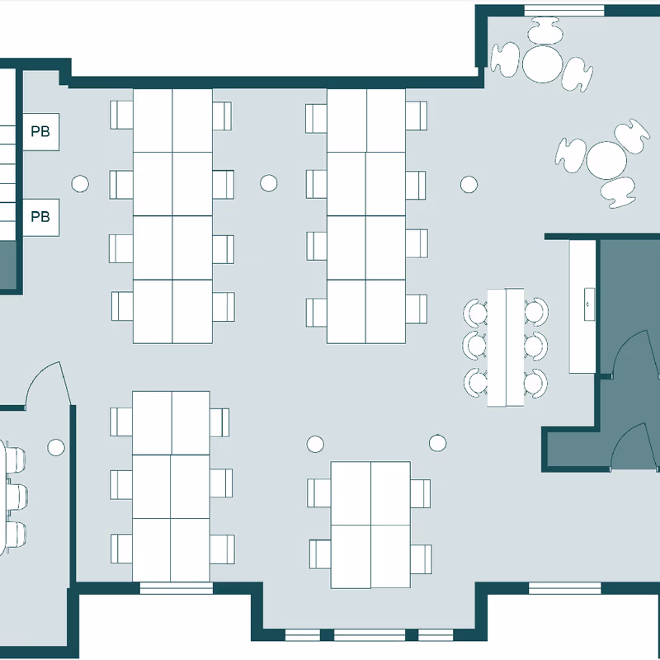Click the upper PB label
(40, 131)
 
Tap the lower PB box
(40, 217)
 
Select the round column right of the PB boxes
(80, 184)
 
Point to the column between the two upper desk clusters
(269, 183)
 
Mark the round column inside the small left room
(56, 447)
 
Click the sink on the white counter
(589, 304)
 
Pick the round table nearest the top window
(543, 64)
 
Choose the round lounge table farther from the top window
(606, 160)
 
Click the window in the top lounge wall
(564, 10)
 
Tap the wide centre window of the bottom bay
(369, 634)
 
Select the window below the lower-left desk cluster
(177, 588)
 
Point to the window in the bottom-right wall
(565, 588)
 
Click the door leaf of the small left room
(65, 384)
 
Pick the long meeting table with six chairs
(506, 347)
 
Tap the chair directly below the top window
(545, 31)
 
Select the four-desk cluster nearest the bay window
(370, 525)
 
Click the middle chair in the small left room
(16, 497)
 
